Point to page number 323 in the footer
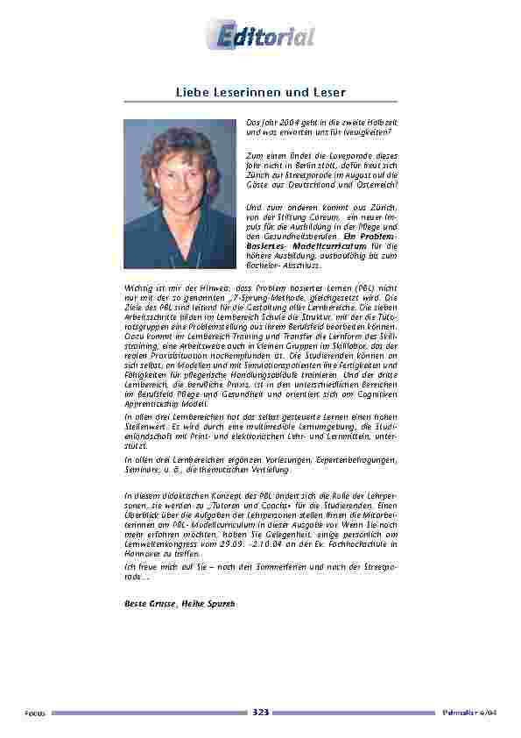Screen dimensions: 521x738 260,712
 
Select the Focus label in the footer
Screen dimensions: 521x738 35,713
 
